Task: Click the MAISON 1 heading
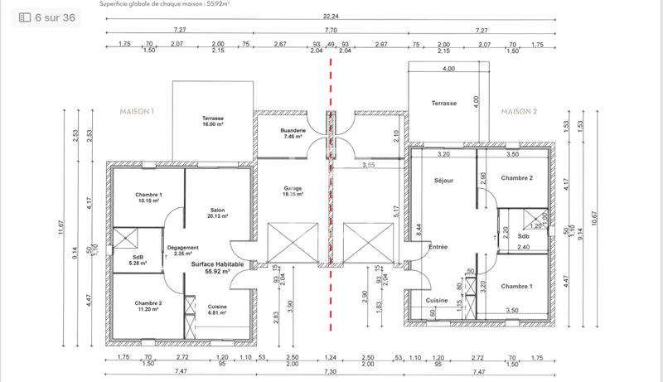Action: click(138, 110)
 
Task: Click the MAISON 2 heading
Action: click(520, 110)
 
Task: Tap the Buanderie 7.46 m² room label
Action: click(293, 134)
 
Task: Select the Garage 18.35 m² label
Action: click(293, 191)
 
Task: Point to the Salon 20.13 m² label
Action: click(218, 213)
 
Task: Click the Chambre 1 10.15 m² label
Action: click(148, 198)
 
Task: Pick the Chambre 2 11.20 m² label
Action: click(148, 306)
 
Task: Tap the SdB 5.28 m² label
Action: click(138, 260)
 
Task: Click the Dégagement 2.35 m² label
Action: click(182, 250)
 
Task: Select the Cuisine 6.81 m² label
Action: click(218, 310)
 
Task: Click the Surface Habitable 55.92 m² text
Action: click(218, 268)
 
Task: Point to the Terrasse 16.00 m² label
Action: click(213, 122)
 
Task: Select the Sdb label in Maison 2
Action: click(523, 235)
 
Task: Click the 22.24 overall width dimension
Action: click(331, 17)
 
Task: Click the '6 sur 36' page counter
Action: click(47, 17)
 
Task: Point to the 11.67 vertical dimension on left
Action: click(61, 226)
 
